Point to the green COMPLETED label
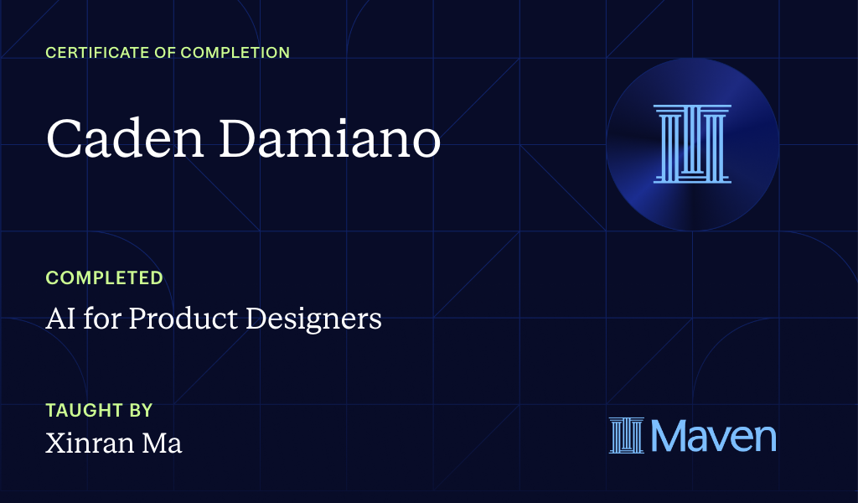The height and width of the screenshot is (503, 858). click(x=104, y=277)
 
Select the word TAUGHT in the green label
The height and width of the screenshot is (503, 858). click(x=80, y=411)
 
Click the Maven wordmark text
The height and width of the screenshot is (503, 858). click(x=713, y=436)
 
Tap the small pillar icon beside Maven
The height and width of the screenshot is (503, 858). click(x=626, y=436)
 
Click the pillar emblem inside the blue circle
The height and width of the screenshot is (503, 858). click(x=692, y=143)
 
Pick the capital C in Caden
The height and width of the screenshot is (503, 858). click(x=62, y=138)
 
